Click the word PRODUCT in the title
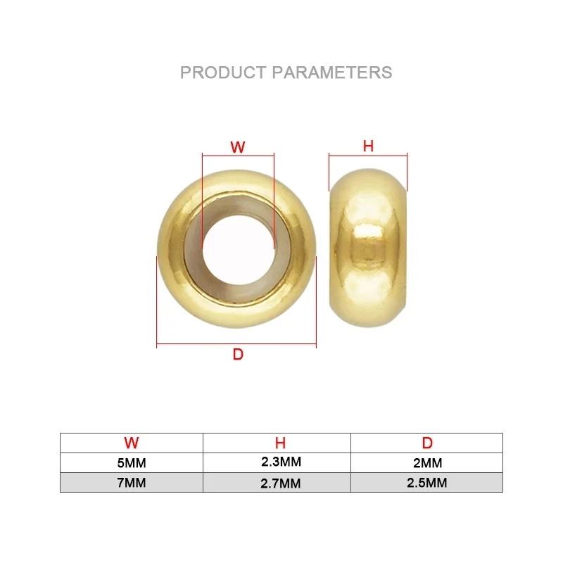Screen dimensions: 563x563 (222, 72)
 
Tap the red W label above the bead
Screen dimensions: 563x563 (238, 147)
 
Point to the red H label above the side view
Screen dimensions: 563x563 (368, 146)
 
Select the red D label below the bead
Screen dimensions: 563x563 (238, 355)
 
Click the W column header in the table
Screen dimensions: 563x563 (132, 443)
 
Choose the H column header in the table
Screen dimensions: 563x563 (280, 443)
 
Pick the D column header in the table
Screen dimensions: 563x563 (427, 443)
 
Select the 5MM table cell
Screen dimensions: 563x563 (132, 463)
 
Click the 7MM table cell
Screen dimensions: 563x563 (132, 483)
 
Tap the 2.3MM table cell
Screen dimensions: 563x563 (280, 462)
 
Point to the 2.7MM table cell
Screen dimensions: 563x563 (280, 483)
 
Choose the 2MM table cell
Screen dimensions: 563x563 (427, 463)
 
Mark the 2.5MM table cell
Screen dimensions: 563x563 (427, 483)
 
